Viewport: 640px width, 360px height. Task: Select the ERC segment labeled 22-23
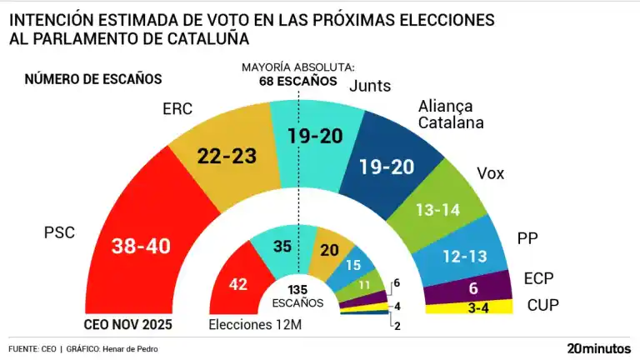[x=226, y=156]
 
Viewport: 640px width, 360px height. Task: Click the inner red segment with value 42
[x=237, y=284]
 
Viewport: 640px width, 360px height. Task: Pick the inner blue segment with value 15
[x=353, y=264]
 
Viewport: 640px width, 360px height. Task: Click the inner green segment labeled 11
[x=364, y=283]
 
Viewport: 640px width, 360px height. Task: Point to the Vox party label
[x=490, y=172]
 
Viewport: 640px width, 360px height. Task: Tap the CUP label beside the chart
[x=542, y=306]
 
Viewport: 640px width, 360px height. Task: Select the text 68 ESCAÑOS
[x=297, y=81]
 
